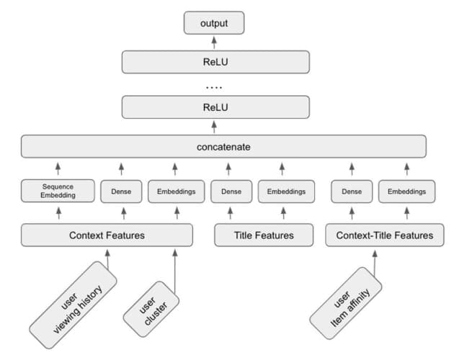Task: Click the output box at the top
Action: [x=213, y=24]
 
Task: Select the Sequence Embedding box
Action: [x=57, y=191]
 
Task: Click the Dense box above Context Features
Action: [x=123, y=192]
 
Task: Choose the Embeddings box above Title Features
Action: [x=282, y=192]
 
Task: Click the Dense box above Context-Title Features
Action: [x=351, y=192]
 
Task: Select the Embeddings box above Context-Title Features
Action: [x=407, y=192]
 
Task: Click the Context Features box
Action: [x=107, y=235]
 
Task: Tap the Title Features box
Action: [x=264, y=235]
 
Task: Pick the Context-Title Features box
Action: [x=384, y=235]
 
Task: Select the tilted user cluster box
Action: [x=151, y=310]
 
